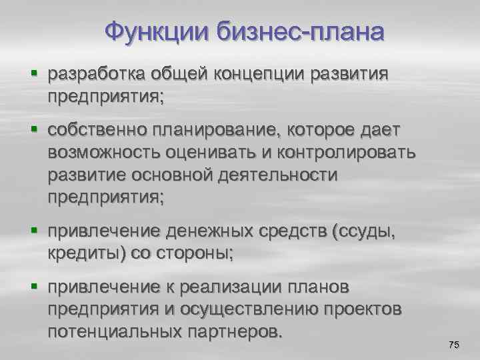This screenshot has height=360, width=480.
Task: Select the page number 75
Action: coord(453,345)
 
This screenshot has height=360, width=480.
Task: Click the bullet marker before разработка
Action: coord(34,73)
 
